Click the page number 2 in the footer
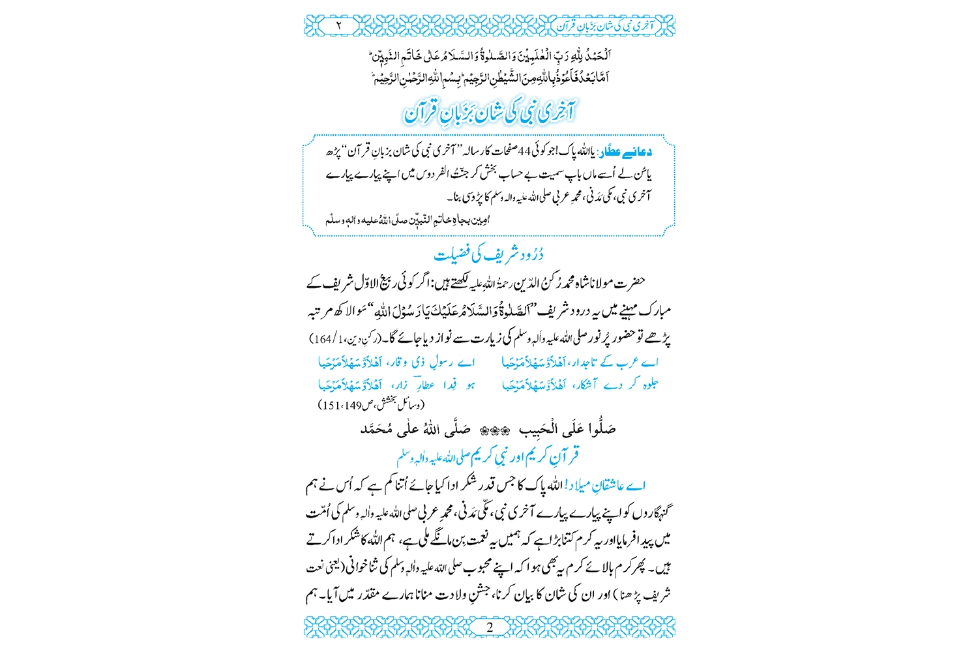click(490, 627)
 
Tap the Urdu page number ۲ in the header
click(339, 25)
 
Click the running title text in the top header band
click(600, 26)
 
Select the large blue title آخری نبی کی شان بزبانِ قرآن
click(490, 112)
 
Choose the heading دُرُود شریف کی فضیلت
click(489, 254)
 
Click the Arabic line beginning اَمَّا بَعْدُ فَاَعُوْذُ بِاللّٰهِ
click(489, 79)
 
